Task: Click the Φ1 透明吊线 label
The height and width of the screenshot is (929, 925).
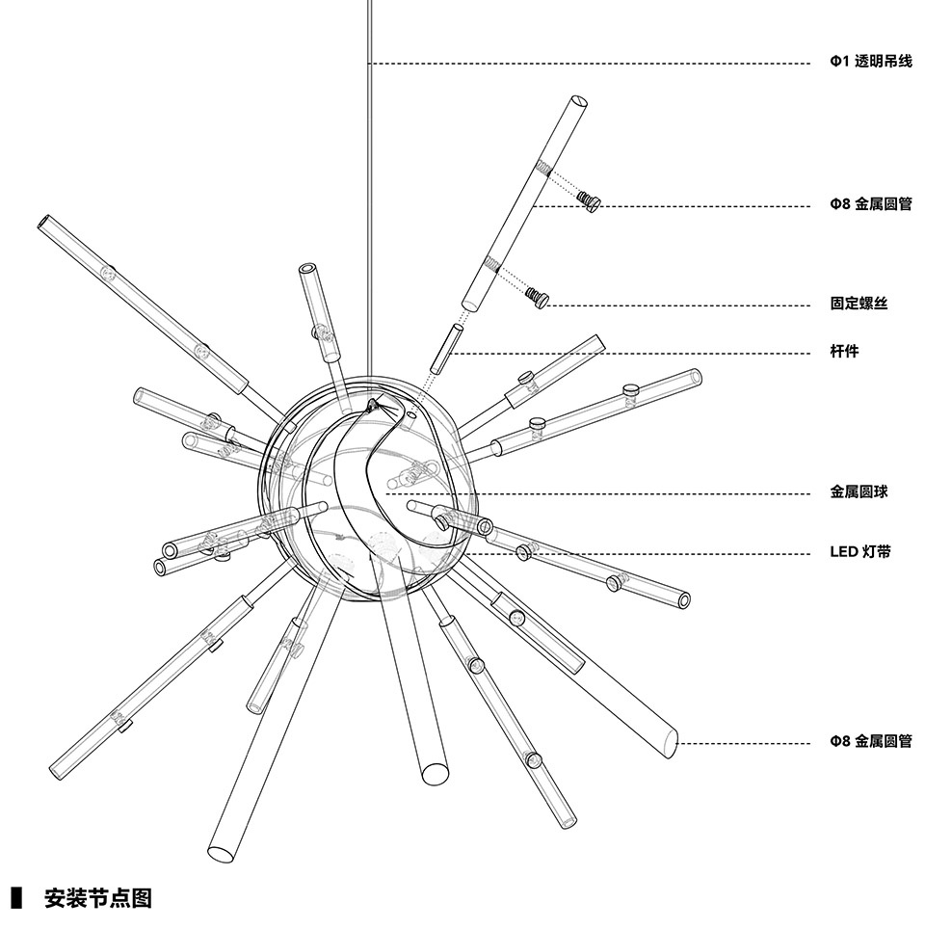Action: [x=870, y=61]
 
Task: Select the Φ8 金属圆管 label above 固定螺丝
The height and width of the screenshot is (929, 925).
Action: [x=870, y=203]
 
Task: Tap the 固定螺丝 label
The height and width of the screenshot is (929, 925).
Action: [x=859, y=304]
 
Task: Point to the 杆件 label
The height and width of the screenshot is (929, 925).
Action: [x=844, y=352]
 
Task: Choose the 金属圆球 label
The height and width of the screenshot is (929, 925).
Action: [x=859, y=491]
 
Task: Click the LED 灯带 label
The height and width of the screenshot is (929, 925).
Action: [x=859, y=552]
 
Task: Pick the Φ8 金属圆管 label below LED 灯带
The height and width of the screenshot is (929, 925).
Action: [x=870, y=740]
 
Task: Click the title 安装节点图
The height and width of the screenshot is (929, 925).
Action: [x=97, y=898]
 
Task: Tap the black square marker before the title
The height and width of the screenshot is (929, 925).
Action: [x=16, y=898]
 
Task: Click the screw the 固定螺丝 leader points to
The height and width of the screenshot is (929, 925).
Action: [x=538, y=297]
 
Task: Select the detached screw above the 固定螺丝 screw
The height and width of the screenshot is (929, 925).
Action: [x=590, y=200]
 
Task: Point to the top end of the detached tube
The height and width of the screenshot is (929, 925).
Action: [x=579, y=102]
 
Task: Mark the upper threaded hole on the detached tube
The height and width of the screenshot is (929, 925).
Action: [x=544, y=168]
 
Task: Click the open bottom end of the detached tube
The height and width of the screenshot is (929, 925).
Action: [x=469, y=305]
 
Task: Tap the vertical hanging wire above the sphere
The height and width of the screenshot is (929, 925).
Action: [x=369, y=190]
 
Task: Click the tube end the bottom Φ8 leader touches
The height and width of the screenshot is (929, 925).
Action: [x=671, y=743]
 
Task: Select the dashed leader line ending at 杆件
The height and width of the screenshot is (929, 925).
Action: [x=630, y=354]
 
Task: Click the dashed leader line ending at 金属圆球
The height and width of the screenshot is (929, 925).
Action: [x=598, y=493]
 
